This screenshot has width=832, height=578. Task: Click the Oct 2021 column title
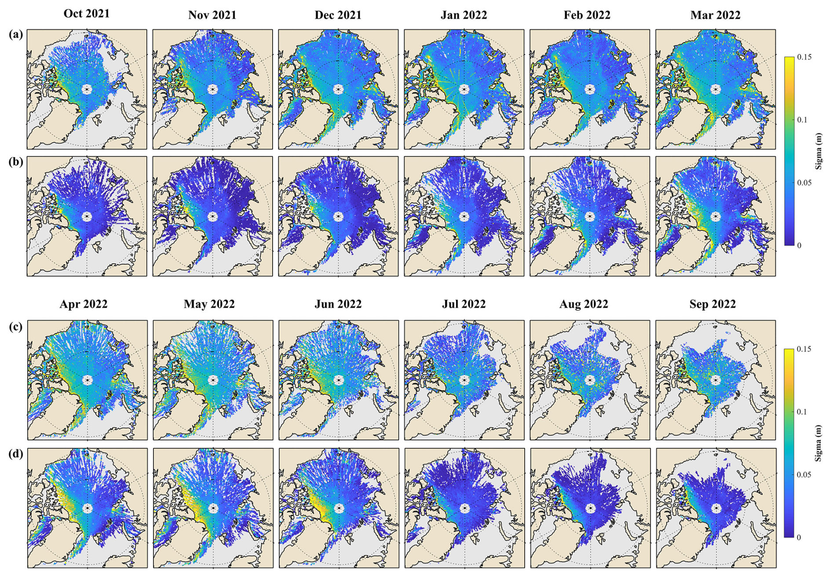point(87,14)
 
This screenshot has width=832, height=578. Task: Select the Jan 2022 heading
point(464,15)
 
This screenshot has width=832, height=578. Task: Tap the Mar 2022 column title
point(715,15)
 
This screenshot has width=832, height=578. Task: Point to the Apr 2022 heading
point(84,304)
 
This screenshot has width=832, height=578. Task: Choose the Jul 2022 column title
point(464,304)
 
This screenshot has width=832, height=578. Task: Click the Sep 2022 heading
point(712,304)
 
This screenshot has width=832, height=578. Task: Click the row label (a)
point(16,34)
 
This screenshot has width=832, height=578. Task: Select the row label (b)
point(16,162)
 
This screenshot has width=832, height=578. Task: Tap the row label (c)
point(16,327)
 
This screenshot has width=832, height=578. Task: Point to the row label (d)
point(16,453)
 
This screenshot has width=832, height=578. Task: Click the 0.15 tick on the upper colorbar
point(804,57)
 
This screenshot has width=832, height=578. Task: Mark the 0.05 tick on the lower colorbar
point(804,475)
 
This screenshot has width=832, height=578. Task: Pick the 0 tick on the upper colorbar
point(799,246)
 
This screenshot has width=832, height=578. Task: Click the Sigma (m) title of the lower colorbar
point(818,443)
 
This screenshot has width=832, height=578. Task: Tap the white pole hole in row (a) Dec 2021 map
point(338,89)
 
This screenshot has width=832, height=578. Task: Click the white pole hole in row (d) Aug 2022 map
point(590,509)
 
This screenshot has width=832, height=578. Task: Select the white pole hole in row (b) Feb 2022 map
point(590,217)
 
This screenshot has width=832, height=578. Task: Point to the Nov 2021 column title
point(212,15)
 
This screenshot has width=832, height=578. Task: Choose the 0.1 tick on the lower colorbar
point(803,412)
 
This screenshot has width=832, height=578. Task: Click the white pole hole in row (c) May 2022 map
point(213,380)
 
